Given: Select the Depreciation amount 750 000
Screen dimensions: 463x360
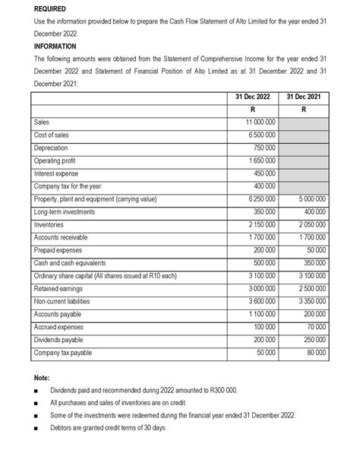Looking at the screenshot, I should tap(262, 147).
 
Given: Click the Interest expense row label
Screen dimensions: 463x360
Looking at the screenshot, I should tap(58, 173).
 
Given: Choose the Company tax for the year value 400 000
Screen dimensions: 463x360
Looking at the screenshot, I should tap(262, 186).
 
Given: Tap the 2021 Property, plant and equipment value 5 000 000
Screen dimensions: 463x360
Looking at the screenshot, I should tap(308, 199).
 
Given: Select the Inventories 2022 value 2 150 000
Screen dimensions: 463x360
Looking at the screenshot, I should tap(259, 225).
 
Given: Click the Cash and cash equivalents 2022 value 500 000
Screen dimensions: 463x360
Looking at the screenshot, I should tap(262, 263).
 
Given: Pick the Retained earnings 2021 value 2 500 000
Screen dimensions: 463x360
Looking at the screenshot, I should tap(308, 289).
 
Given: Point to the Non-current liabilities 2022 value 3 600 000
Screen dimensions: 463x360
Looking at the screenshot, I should tap(259, 302).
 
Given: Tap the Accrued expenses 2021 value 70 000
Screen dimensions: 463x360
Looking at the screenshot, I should tap(314, 328).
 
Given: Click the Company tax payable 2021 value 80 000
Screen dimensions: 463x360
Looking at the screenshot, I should tap(314, 354).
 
